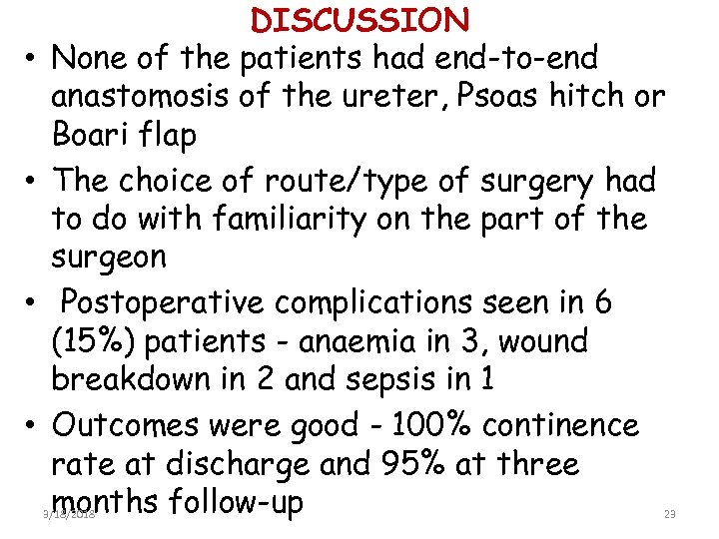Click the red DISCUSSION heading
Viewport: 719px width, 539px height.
(x=360, y=20)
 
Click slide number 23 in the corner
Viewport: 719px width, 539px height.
(x=670, y=513)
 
